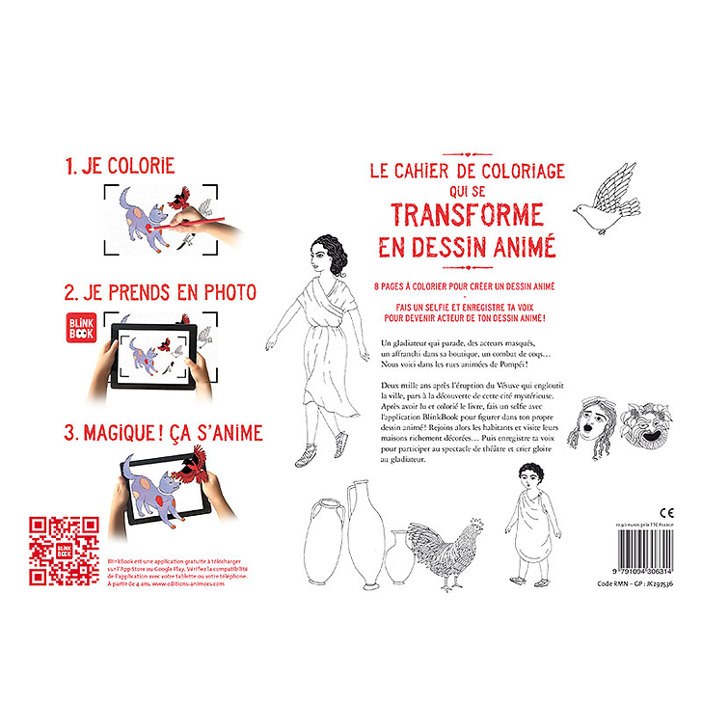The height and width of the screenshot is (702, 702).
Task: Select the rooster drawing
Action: tap(452, 555)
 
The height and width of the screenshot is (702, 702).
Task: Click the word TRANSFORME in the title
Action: tap(467, 213)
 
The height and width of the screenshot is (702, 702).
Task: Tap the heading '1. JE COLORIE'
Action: tap(120, 167)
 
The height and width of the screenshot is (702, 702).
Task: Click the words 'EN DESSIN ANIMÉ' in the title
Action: tap(467, 246)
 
